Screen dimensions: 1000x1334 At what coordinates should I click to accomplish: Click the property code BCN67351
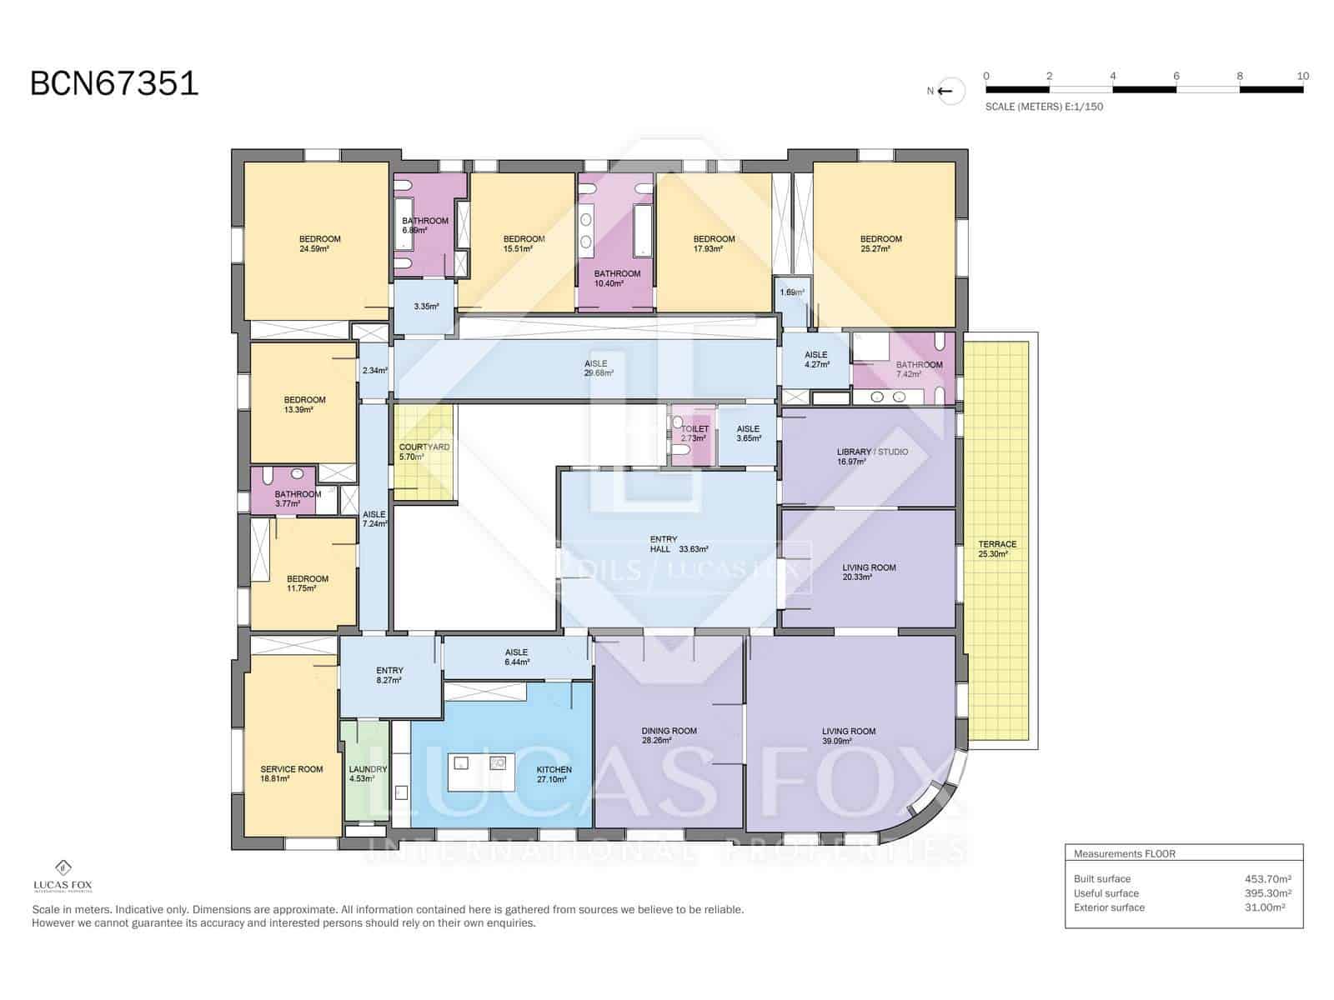114,84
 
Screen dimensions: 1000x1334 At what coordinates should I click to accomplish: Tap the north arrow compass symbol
949,92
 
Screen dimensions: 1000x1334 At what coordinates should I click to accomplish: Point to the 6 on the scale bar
1176,76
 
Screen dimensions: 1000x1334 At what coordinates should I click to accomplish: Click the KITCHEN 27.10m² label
553,774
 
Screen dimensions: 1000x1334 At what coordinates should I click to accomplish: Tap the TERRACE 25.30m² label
997,548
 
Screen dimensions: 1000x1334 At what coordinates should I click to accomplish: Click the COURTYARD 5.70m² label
424,452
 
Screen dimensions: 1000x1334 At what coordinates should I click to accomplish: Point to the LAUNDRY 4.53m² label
367,774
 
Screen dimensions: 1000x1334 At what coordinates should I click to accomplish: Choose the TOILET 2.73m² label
694,433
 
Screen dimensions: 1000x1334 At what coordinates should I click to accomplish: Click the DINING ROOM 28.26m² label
669,735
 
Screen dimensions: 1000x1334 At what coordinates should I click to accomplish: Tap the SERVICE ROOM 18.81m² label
291,774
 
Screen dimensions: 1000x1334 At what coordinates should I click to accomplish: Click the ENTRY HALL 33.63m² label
678,544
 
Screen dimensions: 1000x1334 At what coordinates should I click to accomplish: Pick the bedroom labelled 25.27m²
880,243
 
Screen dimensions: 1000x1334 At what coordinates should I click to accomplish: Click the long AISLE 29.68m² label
597,368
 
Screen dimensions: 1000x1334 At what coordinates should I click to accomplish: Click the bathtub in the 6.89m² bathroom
404,224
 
